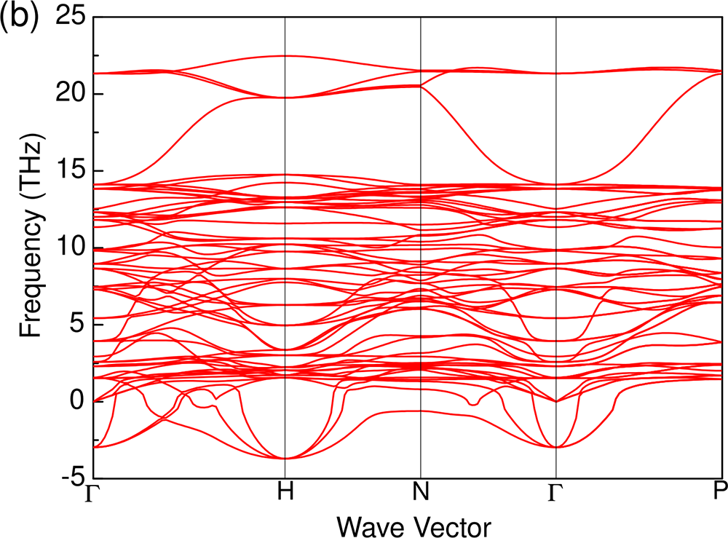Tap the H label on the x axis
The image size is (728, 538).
(285, 493)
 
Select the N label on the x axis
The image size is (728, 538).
(421, 493)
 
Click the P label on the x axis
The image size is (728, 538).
(719, 493)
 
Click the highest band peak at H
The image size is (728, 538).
(285, 56)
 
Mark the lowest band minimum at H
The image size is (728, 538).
(285, 458)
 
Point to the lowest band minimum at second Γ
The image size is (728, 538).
(555, 447)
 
